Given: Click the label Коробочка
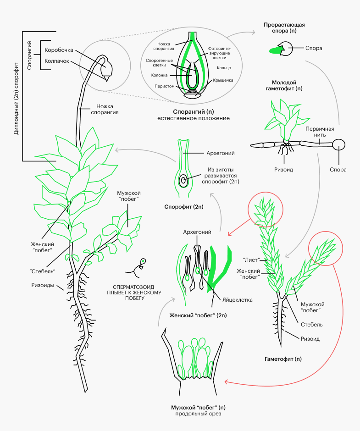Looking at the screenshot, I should (x=59, y=50).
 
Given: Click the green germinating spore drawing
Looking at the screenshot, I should (x=276, y=49).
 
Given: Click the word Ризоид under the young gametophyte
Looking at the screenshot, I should (x=284, y=169).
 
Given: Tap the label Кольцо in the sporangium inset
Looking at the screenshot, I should (x=224, y=68).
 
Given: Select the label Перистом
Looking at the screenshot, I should (x=164, y=86).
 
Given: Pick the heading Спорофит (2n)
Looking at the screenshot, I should (x=183, y=207).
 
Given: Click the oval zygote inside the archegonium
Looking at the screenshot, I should (x=183, y=180).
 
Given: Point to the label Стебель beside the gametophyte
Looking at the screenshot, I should (x=312, y=325).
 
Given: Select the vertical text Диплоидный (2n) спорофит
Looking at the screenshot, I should (x=16, y=96).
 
